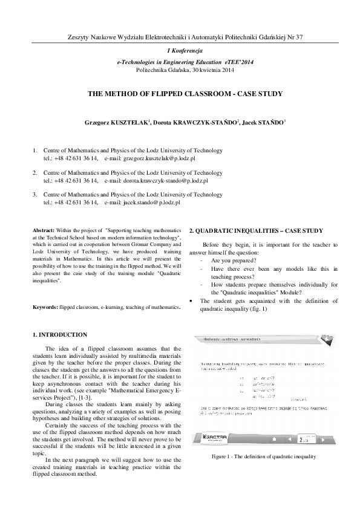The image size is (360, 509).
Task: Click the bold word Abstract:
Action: pyautogui.click(x=44, y=231)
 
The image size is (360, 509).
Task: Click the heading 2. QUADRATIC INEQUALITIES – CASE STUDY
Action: pyautogui.click(x=257, y=231)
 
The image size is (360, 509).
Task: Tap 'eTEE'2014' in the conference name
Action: pyautogui.click(x=226, y=62)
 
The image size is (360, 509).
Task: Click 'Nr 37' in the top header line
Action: pyautogui.click(x=293, y=37)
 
